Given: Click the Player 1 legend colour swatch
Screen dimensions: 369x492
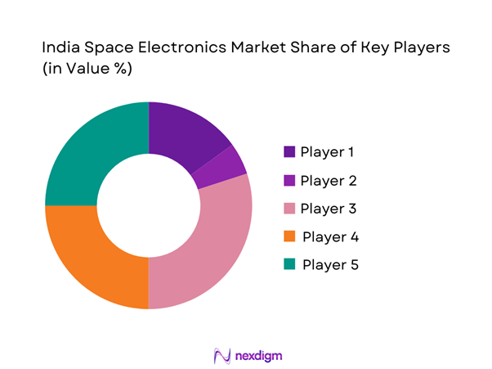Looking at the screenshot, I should (x=290, y=151).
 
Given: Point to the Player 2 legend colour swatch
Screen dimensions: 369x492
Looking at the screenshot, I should (x=290, y=180).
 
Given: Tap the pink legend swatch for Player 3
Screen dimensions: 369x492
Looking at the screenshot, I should (x=290, y=208).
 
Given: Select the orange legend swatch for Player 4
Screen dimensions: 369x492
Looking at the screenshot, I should (x=290, y=236).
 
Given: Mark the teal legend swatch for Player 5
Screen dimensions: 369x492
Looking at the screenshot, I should (x=290, y=265).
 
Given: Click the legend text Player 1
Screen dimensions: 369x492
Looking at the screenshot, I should (x=328, y=151).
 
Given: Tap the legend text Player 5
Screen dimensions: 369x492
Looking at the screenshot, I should (x=329, y=265).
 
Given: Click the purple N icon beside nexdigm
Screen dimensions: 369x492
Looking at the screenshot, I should (x=220, y=356).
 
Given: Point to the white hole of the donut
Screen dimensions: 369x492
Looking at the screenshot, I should (x=149, y=205).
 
